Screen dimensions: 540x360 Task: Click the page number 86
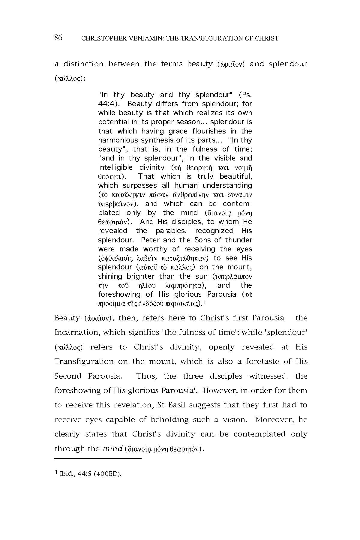[58, 38]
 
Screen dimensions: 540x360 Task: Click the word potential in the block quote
[113, 122]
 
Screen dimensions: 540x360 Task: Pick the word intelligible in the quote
[115, 167]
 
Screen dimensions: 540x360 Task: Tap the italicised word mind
[112, 449]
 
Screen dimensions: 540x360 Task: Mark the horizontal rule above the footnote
[98, 458]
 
